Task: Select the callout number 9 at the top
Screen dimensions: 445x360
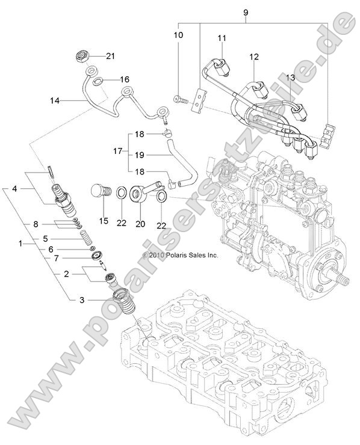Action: pos(245,12)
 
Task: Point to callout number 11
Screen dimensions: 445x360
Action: pos(221,38)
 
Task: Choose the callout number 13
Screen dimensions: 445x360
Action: pos(290,78)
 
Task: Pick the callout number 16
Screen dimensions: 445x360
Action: pos(125,79)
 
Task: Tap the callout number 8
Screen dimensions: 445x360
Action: pos(36,224)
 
